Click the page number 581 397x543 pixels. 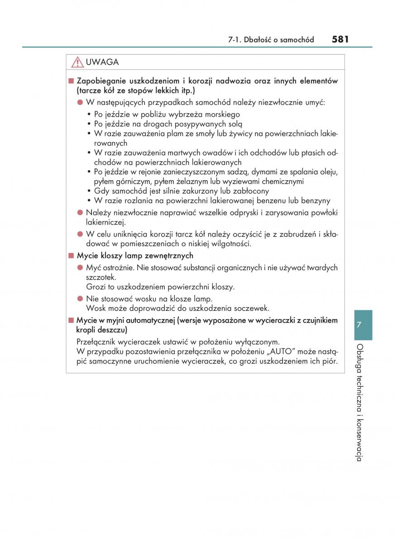(340, 39)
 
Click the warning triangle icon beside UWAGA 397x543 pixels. (77, 62)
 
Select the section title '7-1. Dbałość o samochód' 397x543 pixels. (271, 40)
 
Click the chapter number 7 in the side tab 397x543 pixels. (359, 324)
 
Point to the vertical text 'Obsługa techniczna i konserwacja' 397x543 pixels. (359, 403)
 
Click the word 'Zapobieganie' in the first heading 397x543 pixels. (100, 81)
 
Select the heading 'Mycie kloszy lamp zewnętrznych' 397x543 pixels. (135, 256)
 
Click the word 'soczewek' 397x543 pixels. (252, 308)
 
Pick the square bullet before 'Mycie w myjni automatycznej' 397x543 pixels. (71, 320)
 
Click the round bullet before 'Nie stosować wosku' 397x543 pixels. (80, 299)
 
